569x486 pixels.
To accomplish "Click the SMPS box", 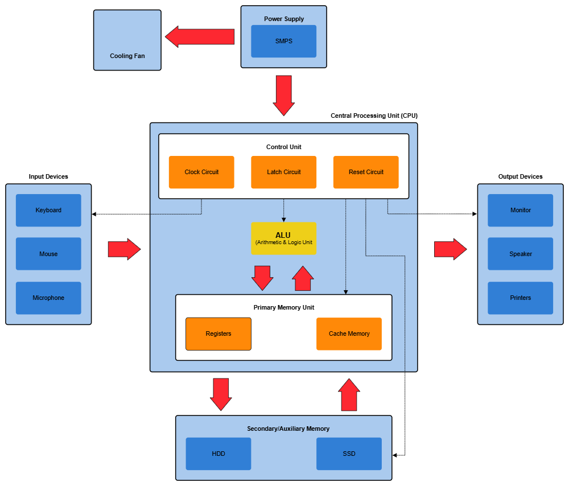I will [283, 41].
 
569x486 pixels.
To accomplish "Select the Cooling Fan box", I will [127, 40].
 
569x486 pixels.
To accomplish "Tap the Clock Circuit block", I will [201, 172].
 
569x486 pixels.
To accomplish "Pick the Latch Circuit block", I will [283, 172].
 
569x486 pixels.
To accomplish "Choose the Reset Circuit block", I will [366, 172].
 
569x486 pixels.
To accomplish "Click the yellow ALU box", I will [283, 238].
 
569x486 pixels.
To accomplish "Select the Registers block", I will [218, 333].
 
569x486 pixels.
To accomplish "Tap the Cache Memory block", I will [349, 333].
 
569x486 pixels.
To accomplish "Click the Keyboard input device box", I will [48, 210].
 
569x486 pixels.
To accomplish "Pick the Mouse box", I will [48, 254].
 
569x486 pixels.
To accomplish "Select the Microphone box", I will [48, 298].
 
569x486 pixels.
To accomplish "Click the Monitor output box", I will [520, 210].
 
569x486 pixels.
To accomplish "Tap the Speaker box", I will [520, 254].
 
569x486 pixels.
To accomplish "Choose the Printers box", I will [520, 298].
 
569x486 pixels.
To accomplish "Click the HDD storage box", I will [218, 454].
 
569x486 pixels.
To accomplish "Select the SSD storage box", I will [349, 454].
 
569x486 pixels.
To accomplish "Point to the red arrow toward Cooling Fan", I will [200, 36].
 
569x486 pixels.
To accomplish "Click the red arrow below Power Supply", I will [283, 95].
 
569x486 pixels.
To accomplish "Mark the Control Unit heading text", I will [283, 147].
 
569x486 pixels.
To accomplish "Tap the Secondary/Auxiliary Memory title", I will [288, 429].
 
